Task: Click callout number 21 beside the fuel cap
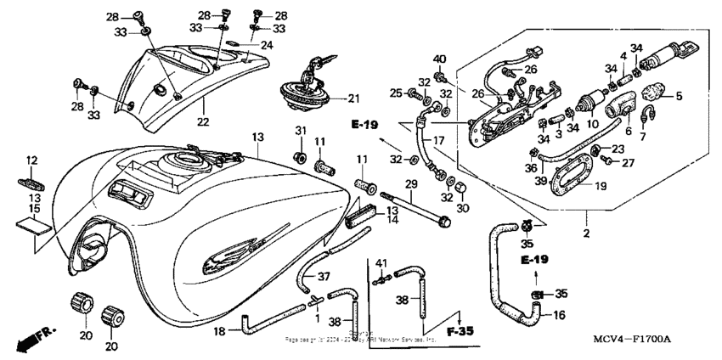coord(353,98)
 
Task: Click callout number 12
coord(31,160)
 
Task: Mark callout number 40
coord(440,59)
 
